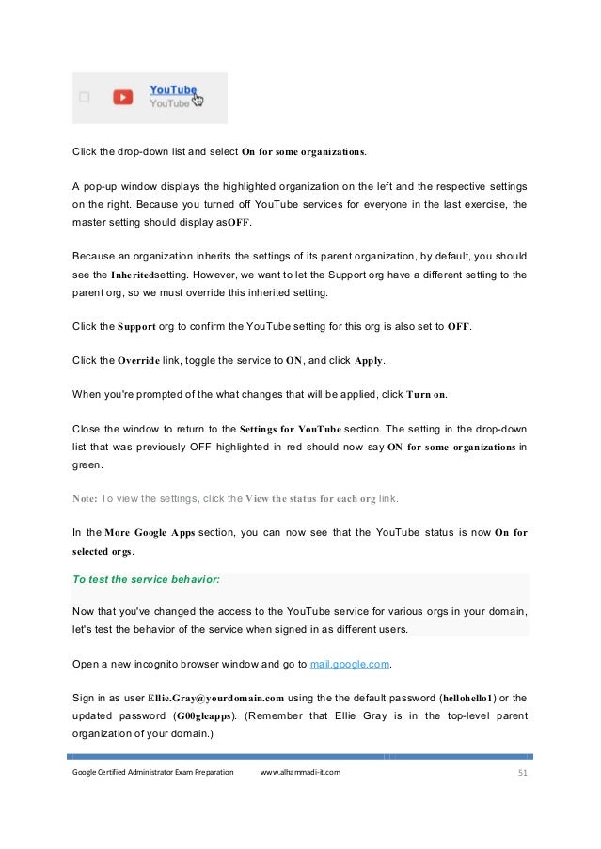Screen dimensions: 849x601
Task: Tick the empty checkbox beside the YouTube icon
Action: click(85, 97)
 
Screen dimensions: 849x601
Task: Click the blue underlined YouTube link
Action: click(172, 90)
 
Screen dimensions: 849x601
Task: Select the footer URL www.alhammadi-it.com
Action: click(300, 772)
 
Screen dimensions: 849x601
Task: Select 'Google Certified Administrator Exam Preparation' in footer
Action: click(152, 772)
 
